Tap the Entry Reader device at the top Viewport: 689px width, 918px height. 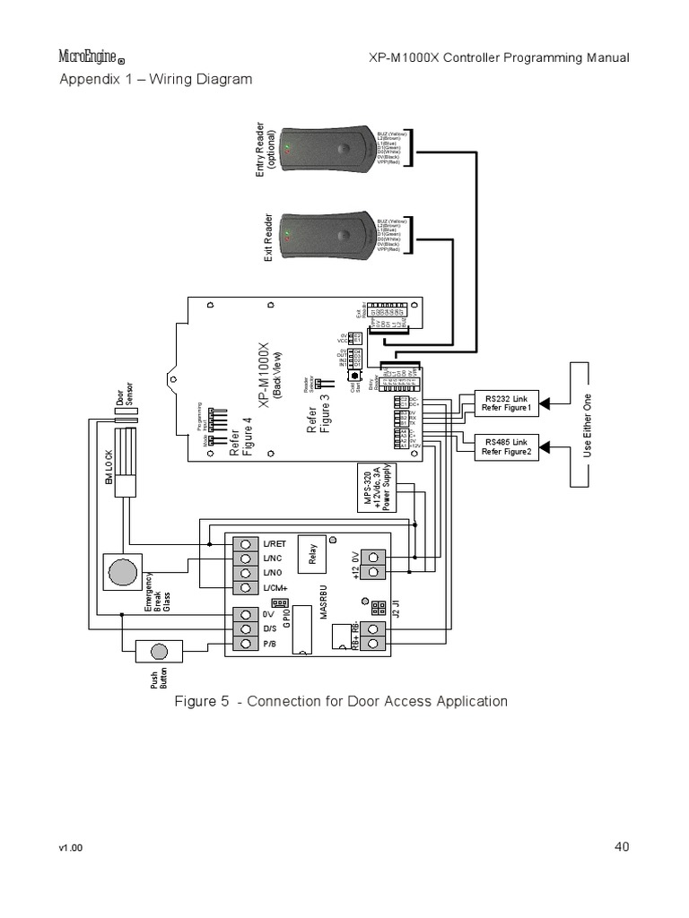coord(327,147)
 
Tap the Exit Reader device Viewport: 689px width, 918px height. coord(327,237)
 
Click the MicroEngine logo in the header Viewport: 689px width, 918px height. coord(92,57)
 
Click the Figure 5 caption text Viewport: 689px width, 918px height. coord(341,701)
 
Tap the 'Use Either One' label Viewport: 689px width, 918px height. coord(589,425)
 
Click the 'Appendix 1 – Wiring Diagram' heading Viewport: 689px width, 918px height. coord(155,79)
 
